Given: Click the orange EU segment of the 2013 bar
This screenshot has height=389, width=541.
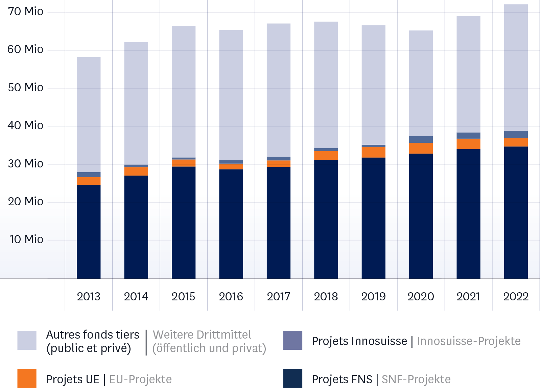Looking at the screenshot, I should [x=89, y=181].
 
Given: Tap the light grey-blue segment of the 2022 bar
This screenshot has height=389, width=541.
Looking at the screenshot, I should [x=516, y=68].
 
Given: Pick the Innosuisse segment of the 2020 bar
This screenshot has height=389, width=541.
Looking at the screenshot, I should [x=421, y=139].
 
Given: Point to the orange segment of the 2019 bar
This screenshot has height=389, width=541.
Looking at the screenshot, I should [x=373, y=152].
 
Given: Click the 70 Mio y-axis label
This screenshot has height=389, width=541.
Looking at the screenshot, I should [x=26, y=12].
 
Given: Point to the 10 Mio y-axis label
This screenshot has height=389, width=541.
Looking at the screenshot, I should [x=26, y=239].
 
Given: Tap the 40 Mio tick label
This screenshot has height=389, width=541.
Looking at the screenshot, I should [x=26, y=125].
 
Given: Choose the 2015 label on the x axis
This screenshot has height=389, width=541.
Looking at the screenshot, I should [x=183, y=297].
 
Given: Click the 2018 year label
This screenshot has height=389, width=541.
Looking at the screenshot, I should [x=326, y=297].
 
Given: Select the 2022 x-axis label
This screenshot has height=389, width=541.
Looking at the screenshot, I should [x=516, y=297].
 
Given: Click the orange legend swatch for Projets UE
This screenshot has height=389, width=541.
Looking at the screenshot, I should [x=27, y=378].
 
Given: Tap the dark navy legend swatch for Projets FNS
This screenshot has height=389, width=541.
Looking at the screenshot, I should [x=293, y=378].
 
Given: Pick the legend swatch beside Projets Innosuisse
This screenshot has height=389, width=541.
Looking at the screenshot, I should [x=293, y=340].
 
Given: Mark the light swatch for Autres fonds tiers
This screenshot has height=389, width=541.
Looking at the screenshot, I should [x=27, y=340].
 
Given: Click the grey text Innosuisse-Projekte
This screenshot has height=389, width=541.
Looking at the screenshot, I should [x=469, y=341].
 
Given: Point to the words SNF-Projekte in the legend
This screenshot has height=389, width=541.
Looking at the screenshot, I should [x=416, y=380].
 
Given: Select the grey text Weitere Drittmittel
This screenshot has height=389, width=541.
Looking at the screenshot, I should [x=202, y=335].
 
